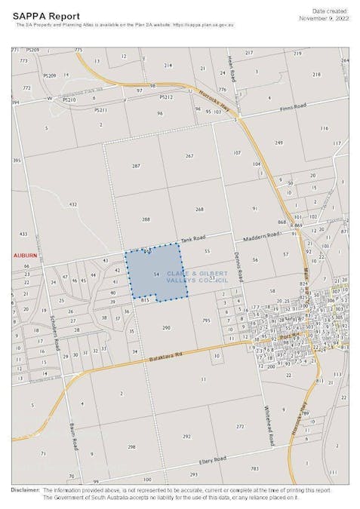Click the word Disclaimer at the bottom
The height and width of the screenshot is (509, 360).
pos(25,490)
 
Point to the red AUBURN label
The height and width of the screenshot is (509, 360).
pos(24,256)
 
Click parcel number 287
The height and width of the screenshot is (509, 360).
pos(136,166)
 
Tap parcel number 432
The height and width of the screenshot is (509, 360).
pos(73,204)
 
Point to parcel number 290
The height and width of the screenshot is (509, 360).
pos(167,328)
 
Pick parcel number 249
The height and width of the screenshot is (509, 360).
pos(278,143)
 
